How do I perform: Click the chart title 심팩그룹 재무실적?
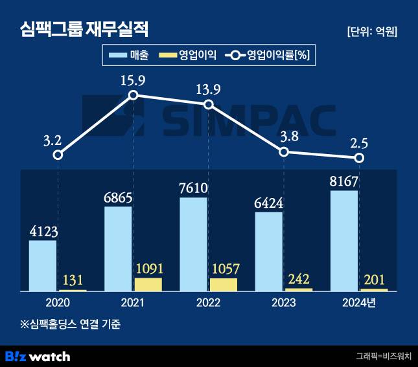(x=85, y=28)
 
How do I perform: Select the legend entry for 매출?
(x=129, y=56)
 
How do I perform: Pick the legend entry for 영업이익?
(x=187, y=56)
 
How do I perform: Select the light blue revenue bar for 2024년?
(x=343, y=240)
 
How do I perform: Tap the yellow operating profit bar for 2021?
(x=148, y=284)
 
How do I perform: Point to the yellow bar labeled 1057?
(x=224, y=284)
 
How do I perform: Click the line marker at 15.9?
(x=134, y=95)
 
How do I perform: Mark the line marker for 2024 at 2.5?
(x=359, y=158)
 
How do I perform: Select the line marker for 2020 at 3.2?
(x=58, y=155)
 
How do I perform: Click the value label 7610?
(x=193, y=188)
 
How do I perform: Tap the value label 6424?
(x=268, y=203)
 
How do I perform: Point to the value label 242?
(x=299, y=279)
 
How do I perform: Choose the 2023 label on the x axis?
(x=283, y=303)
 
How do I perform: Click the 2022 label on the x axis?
(x=208, y=303)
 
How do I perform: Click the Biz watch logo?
(x=38, y=356)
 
